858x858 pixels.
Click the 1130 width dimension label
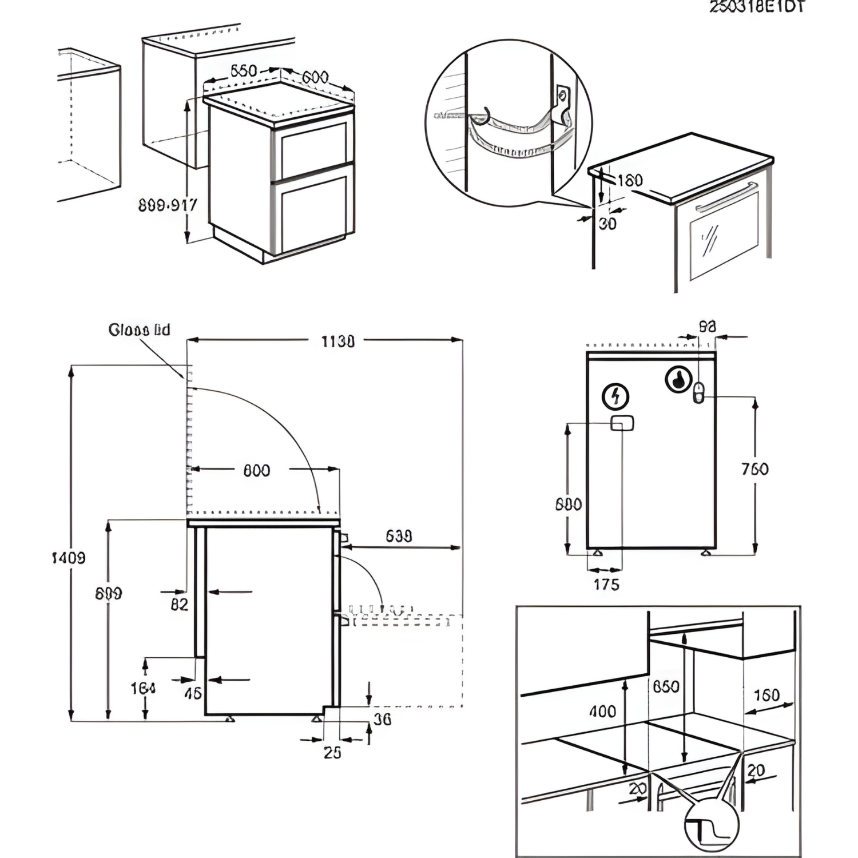coord(337,341)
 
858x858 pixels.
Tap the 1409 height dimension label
coord(69,557)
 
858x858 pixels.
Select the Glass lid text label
coord(139,330)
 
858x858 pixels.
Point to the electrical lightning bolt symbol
coord(616,396)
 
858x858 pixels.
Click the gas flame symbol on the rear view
coord(678,379)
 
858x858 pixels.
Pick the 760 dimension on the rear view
coord(754,469)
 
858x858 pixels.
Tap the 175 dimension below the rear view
coord(606,585)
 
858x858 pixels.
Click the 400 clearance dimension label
coord(602,711)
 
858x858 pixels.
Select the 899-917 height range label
coord(168,205)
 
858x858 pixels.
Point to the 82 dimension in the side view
coord(179,604)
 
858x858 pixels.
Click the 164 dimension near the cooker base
coord(142,688)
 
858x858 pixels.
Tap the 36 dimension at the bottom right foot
coord(382,719)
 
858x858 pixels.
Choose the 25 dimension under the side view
coord(332,752)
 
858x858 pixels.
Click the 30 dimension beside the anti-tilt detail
coord(607,224)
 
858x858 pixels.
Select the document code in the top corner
coord(757,7)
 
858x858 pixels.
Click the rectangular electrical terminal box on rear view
coord(622,423)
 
